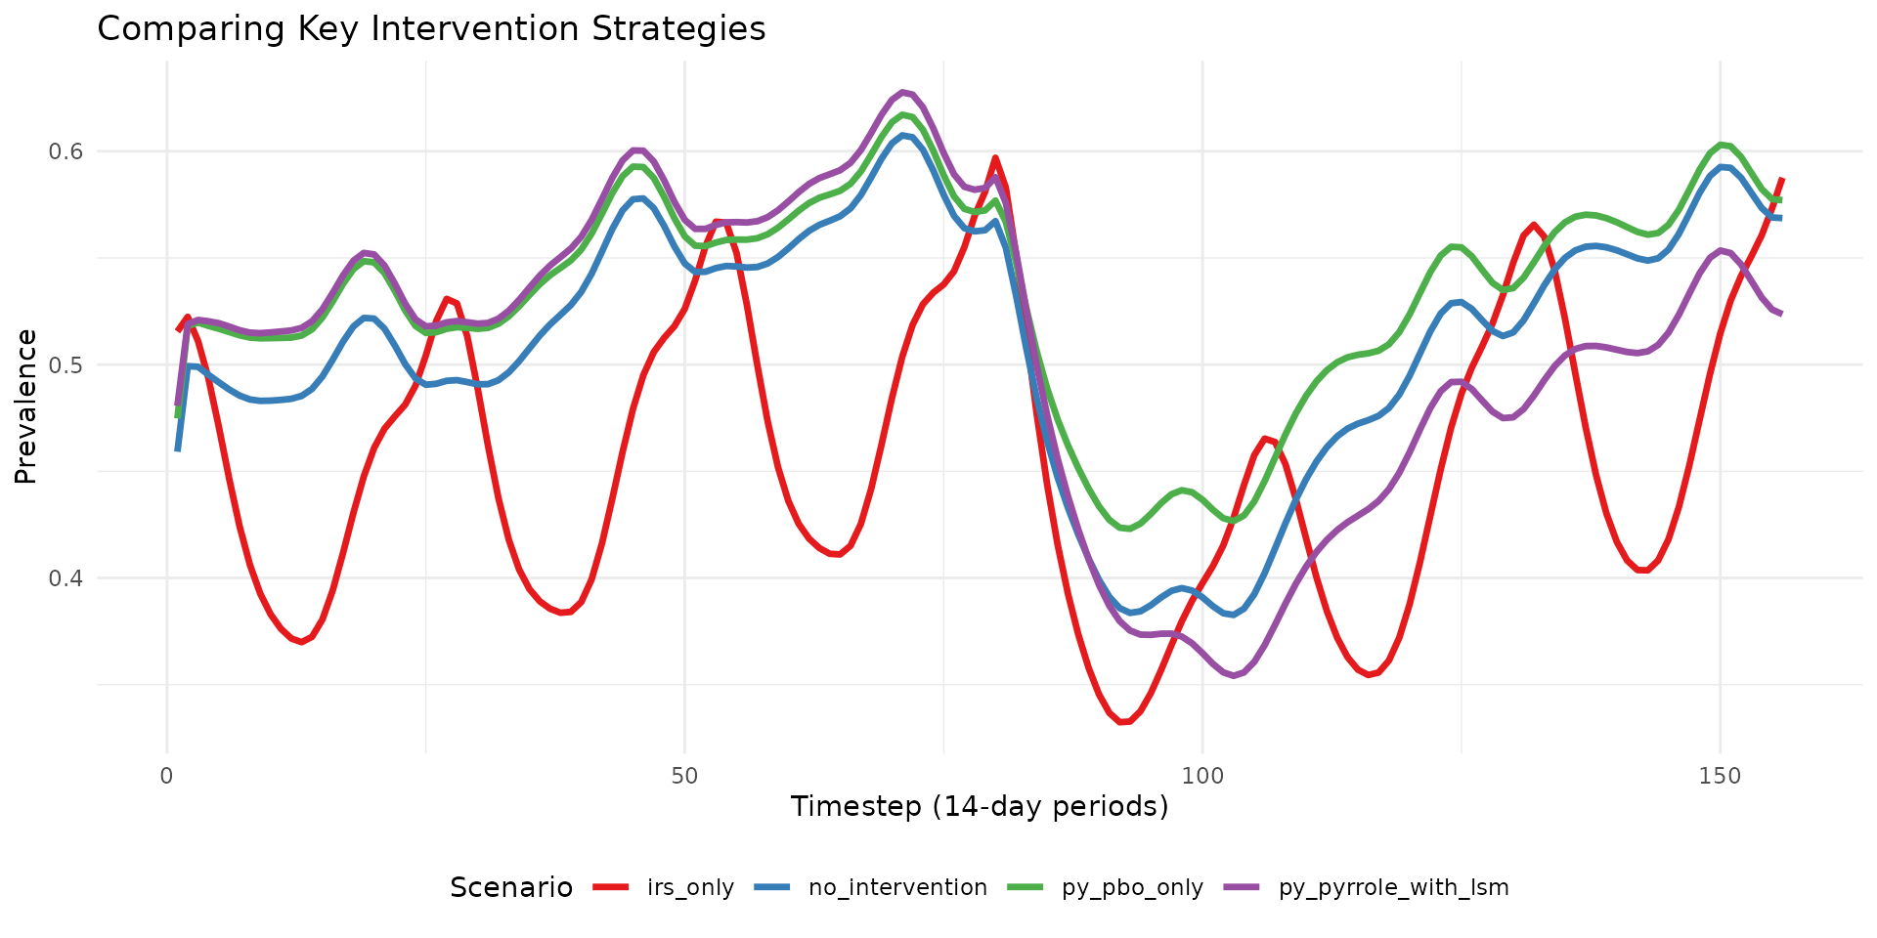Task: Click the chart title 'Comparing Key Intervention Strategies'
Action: [431, 29]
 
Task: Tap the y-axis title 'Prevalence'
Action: [26, 406]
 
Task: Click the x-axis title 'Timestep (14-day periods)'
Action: [980, 807]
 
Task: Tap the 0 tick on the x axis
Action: [167, 776]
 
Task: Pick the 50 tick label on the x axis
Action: [684, 776]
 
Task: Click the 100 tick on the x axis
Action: [1202, 776]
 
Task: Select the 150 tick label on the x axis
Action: [1720, 776]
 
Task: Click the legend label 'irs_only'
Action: [690, 887]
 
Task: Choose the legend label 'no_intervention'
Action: [897, 887]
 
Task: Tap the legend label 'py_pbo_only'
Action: [1132, 887]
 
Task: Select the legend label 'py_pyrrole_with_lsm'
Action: [1393, 887]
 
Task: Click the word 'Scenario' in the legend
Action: [511, 887]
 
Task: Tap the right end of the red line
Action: [1782, 179]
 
